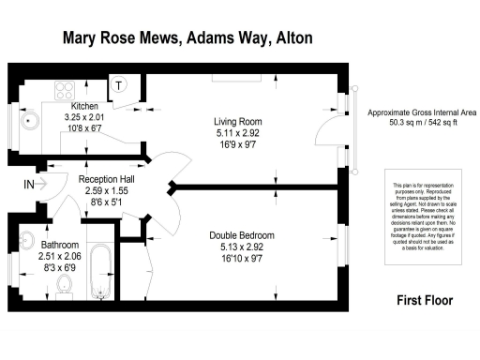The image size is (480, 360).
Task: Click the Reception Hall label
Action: (x=111, y=179)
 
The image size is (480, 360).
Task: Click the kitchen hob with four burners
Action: (x=67, y=91)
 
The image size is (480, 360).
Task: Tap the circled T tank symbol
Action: (x=120, y=84)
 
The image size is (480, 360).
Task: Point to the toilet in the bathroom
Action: (x=64, y=283)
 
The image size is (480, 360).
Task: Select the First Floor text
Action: (x=419, y=301)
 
